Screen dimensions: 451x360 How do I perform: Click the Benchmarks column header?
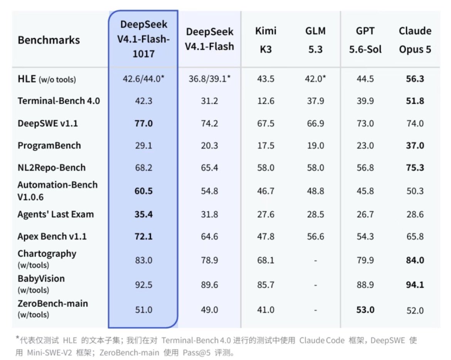pyautogui.click(x=49, y=40)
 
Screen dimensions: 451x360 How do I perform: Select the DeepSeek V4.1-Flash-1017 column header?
pyautogui.click(x=143, y=39)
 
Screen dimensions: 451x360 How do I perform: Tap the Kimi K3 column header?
pyautogui.click(x=266, y=40)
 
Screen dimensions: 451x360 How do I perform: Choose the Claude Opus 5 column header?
pyautogui.click(x=415, y=40)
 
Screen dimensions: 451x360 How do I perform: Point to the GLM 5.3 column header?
pyautogui.click(x=316, y=40)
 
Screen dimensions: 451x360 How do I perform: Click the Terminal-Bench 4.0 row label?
pyautogui.click(x=59, y=101)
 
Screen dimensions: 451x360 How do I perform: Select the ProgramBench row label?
pyautogui.click(x=49, y=145)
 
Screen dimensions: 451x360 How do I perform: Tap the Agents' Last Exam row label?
pyautogui.click(x=56, y=214)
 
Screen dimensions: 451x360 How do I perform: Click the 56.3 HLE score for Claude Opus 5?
pyautogui.click(x=415, y=79)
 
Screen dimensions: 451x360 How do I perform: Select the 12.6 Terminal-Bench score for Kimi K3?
pyautogui.click(x=266, y=101)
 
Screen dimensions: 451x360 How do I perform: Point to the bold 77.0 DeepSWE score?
pyautogui.click(x=143, y=123)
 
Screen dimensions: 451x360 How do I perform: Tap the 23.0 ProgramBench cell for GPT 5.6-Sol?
pyautogui.click(x=365, y=145)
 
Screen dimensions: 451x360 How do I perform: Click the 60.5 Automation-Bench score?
pyautogui.click(x=143, y=191)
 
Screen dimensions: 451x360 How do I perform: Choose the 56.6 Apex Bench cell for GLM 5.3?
pyautogui.click(x=316, y=236)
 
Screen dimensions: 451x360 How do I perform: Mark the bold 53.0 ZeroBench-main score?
pyautogui.click(x=365, y=310)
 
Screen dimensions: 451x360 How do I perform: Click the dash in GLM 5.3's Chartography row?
pyautogui.click(x=316, y=261)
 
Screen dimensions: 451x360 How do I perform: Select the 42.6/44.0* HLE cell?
pyautogui.click(x=143, y=79)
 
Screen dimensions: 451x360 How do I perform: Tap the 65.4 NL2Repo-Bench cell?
pyautogui.click(x=209, y=168)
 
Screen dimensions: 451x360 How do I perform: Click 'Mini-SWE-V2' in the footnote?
pyautogui.click(x=49, y=353)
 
